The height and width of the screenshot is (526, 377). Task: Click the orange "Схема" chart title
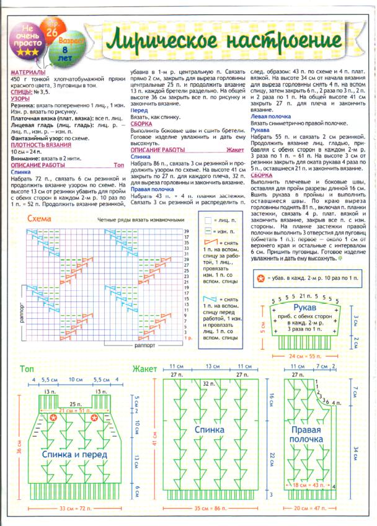click(39, 219)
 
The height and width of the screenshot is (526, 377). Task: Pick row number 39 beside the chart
click(187, 231)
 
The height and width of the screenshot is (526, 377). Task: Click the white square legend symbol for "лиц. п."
click(208, 220)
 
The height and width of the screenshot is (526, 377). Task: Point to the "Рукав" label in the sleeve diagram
click(304, 308)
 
